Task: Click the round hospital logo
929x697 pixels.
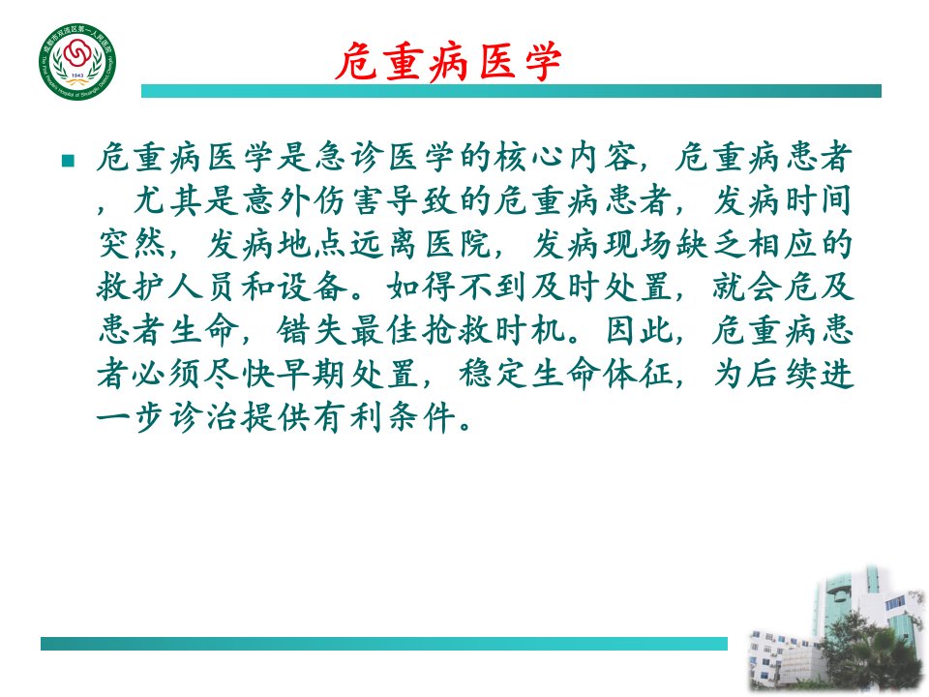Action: [x=77, y=62]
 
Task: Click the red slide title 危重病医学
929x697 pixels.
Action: [x=448, y=61]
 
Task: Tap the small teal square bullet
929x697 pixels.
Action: [x=68, y=161]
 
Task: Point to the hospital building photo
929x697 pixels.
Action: [x=836, y=629]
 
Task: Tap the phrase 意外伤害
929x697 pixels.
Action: [x=314, y=200]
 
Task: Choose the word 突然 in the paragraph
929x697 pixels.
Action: [x=133, y=244]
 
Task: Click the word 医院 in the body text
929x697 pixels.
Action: [x=459, y=244]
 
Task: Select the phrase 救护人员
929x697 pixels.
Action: [x=168, y=287]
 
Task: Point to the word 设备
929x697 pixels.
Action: [x=314, y=287]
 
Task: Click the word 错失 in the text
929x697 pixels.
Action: [x=313, y=330]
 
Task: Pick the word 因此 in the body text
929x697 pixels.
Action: [x=640, y=330]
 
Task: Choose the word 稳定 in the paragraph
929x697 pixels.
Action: [x=494, y=374]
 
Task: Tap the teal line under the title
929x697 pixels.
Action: [x=511, y=91]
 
